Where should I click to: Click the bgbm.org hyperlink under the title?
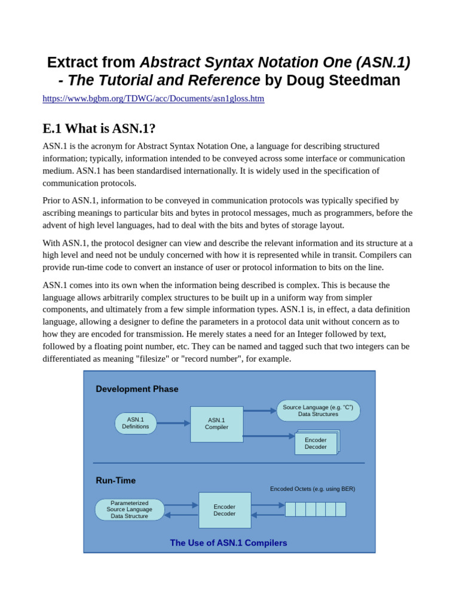pos(153,99)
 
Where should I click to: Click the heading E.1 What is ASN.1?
pos(99,128)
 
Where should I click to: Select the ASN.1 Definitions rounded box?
pos(136,423)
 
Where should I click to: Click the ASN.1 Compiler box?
pos(216,424)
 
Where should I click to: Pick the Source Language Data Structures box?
pos(318,411)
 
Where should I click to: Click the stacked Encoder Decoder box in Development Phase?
pos(316,443)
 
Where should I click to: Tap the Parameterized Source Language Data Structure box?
pos(129,510)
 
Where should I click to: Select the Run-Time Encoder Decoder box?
pos(225,510)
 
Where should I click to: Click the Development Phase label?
pos(137,389)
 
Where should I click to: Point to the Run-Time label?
pos(115,481)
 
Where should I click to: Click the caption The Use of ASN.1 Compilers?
pos(228,543)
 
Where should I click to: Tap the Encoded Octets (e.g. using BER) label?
pos(312,489)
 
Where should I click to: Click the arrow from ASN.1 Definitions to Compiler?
pos(173,423)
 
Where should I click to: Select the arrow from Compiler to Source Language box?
pos(260,411)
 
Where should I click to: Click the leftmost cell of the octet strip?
pos(290,509)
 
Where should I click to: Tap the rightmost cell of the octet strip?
pos(341,509)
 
